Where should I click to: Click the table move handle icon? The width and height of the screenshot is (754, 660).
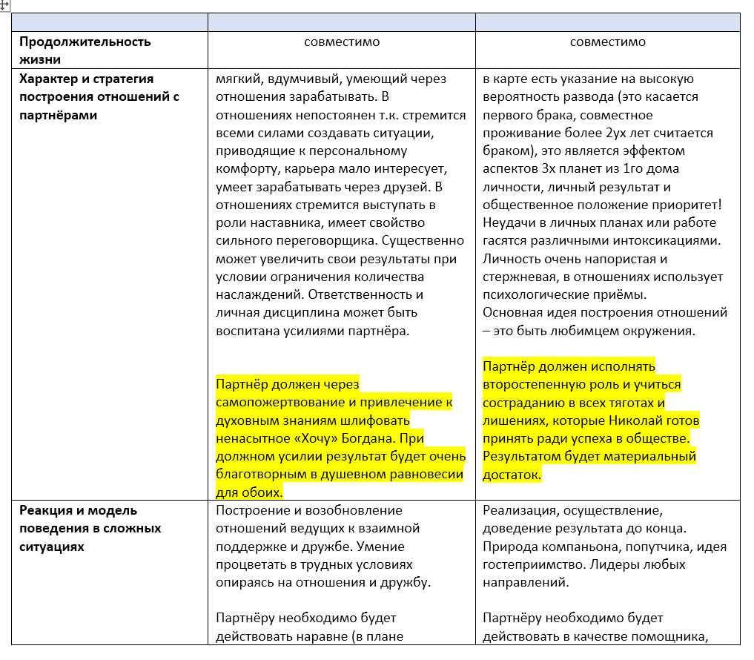coord(5,4)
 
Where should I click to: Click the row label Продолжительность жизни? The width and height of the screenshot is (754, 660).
coord(85,50)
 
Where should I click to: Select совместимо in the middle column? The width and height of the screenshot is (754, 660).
coord(341,42)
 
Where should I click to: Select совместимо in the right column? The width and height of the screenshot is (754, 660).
coord(607,42)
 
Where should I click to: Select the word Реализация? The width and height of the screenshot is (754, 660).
coord(519,510)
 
